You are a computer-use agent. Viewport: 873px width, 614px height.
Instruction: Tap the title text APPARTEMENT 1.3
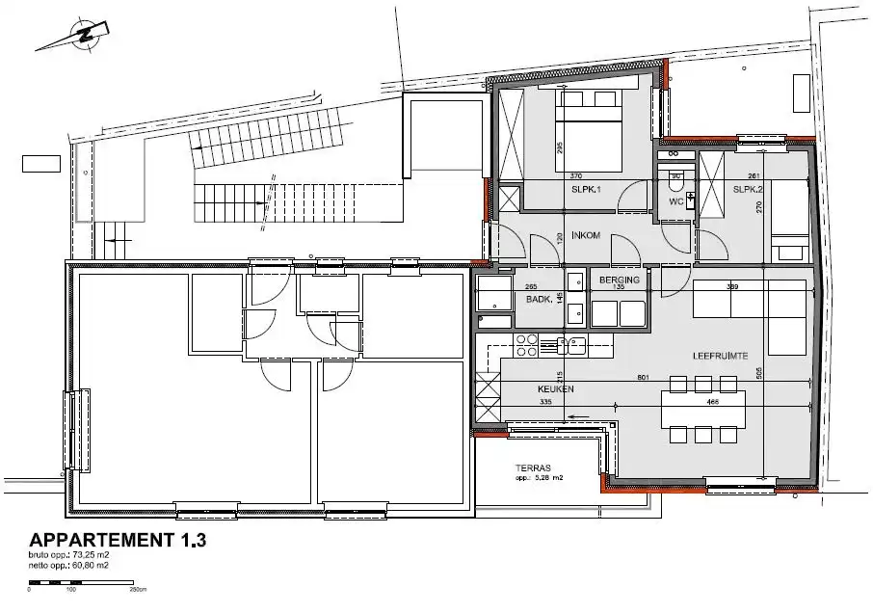tap(118, 540)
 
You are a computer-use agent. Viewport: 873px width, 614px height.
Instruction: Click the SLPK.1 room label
tap(586, 190)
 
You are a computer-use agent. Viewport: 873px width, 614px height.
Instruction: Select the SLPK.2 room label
tap(748, 190)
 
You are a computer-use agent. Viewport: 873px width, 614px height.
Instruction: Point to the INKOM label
tap(587, 235)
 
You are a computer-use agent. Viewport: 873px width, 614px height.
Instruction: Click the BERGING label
tap(620, 280)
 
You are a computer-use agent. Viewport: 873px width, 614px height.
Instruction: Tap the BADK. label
tap(539, 300)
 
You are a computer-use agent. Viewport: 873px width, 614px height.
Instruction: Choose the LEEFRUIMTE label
tap(719, 356)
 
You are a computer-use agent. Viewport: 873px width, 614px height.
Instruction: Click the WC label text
tap(676, 201)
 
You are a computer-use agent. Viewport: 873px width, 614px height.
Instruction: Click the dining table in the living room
tap(702, 410)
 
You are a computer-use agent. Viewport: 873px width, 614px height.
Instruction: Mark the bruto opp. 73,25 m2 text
tap(69, 556)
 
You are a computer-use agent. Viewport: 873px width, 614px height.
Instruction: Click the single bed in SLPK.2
tap(790, 221)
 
